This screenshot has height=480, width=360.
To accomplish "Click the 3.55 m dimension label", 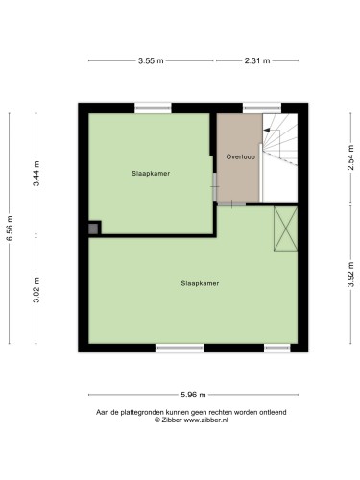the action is coord(151,60).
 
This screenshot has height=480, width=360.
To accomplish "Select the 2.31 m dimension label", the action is coord(257,60).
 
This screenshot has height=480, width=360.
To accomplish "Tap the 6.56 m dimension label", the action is coord(10,228).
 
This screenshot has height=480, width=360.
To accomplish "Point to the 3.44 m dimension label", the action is coord(36,174).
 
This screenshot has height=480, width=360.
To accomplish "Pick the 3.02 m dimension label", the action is coord(36,290).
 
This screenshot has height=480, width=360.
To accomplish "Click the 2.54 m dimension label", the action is coord(351,157).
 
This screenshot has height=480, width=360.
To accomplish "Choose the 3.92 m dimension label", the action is coord(351,275).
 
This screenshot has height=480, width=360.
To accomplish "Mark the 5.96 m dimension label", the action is coord(193,395).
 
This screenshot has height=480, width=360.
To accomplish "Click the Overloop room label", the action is coord(241,156).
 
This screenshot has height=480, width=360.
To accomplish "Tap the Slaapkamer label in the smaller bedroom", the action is coord(151,174).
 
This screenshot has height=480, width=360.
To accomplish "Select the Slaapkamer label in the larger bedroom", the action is coord(200,283).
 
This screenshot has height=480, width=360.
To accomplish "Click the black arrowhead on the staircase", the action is coord(266,130).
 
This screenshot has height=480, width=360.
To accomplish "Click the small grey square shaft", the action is coord(93,228).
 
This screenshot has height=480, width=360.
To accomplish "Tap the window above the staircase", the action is coord(262,108).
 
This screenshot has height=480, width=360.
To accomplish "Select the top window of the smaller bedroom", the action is coord(153,108).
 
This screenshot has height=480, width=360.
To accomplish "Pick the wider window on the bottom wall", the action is coord(180,348).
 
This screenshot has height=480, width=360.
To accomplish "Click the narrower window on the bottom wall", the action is coord(277,348).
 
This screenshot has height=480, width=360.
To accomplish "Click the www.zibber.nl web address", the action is coord(205,420).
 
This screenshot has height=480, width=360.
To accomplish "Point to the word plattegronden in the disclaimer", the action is coord(143,413).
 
